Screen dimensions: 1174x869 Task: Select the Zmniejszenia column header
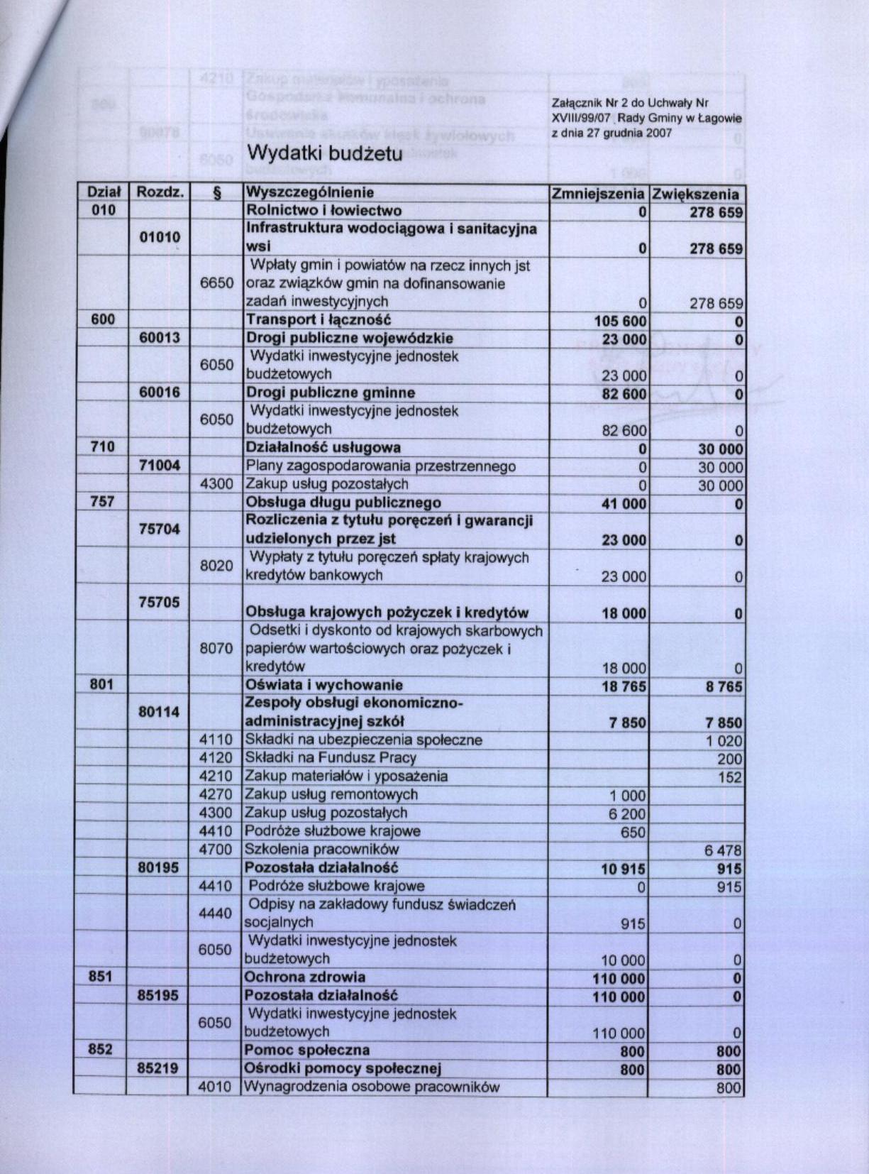tap(598, 194)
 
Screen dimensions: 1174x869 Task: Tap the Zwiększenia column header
tap(696, 194)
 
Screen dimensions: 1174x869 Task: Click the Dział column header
tap(103, 192)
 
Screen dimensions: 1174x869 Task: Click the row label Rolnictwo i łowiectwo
tap(323, 211)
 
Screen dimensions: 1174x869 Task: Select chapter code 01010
tap(160, 237)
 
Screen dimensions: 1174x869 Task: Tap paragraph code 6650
tap(216, 283)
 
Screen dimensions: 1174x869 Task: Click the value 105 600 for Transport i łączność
tap(620, 322)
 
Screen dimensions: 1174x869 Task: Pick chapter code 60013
tap(160, 338)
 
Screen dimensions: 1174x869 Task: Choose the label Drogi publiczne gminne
tap(330, 393)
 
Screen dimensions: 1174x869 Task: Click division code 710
tap(103, 447)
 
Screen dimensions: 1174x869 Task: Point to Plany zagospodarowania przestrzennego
tap(380, 466)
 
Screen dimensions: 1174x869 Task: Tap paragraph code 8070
tap(216, 648)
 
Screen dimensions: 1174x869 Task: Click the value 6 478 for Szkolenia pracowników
tap(723, 850)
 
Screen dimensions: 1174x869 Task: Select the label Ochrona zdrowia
tap(305, 977)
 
